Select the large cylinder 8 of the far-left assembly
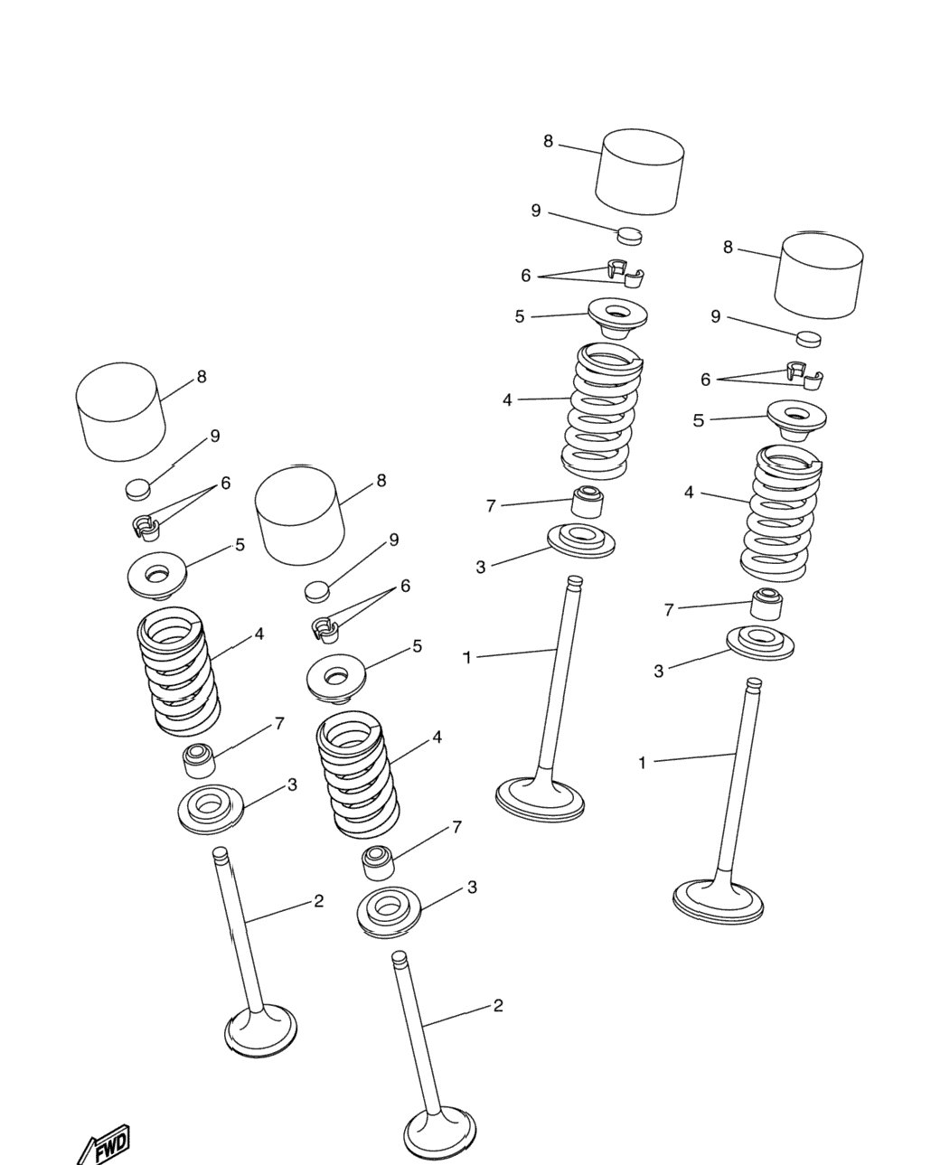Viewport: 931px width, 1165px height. (x=120, y=411)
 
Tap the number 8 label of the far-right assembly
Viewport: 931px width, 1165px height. (x=728, y=248)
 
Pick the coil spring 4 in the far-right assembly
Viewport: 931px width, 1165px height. (x=780, y=513)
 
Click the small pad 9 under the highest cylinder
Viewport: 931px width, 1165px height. (x=630, y=236)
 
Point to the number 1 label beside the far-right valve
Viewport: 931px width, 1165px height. (x=643, y=764)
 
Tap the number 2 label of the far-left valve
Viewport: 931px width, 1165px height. (x=318, y=900)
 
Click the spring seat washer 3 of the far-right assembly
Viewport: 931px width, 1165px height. (x=760, y=643)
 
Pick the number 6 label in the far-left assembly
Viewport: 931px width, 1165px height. (x=226, y=483)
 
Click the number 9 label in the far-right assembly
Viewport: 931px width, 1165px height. (x=716, y=316)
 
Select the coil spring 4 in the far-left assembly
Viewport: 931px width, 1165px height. (x=179, y=671)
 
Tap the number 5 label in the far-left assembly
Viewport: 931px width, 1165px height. (x=240, y=545)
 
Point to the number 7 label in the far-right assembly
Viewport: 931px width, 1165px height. (x=669, y=610)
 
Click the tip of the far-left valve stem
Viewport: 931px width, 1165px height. (x=221, y=852)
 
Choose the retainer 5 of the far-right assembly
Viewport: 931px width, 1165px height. (x=796, y=420)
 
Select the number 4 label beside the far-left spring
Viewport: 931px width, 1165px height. (x=259, y=634)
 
